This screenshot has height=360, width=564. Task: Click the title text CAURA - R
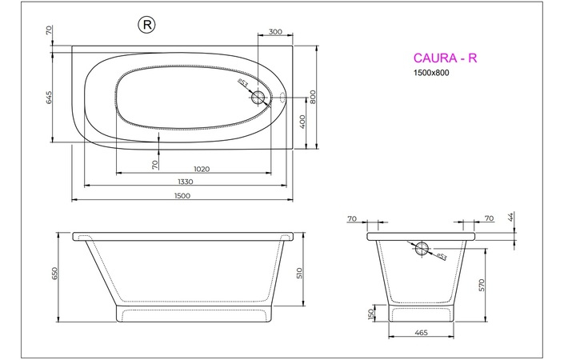445,58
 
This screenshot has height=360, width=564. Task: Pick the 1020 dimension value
202,169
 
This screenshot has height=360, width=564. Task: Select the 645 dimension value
50,98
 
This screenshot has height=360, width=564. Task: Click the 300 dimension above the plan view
275,32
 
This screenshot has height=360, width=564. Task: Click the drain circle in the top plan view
258,98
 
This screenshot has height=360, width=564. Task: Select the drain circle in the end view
422,246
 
